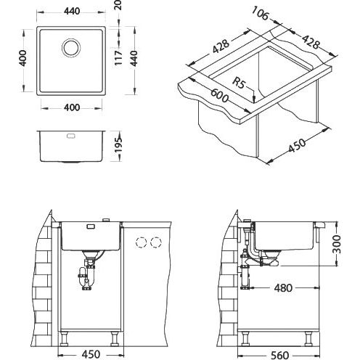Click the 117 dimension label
(118, 57)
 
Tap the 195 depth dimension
(118, 145)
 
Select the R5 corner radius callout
(239, 83)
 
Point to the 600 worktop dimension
(219, 96)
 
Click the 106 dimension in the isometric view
(260, 13)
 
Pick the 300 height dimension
(336, 244)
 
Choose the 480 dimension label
(283, 288)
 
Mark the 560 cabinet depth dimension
(279, 355)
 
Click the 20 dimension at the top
(118, 5)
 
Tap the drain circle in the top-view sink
(71, 47)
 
